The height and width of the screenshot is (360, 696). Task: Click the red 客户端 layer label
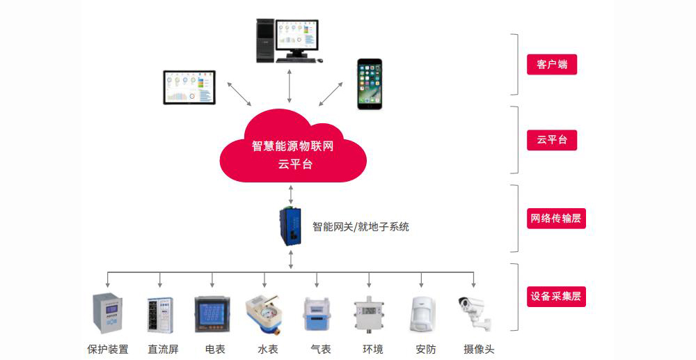(551, 65)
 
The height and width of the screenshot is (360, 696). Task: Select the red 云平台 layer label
(551, 140)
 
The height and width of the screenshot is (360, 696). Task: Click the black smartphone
(370, 84)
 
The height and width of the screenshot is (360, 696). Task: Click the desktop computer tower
(265, 40)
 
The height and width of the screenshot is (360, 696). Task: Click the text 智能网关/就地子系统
(361, 227)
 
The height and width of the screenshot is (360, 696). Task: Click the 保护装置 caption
(108, 349)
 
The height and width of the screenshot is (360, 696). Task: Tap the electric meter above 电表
(212, 314)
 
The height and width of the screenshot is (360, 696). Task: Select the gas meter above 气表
(317, 314)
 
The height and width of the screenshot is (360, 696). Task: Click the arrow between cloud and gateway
(290, 194)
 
